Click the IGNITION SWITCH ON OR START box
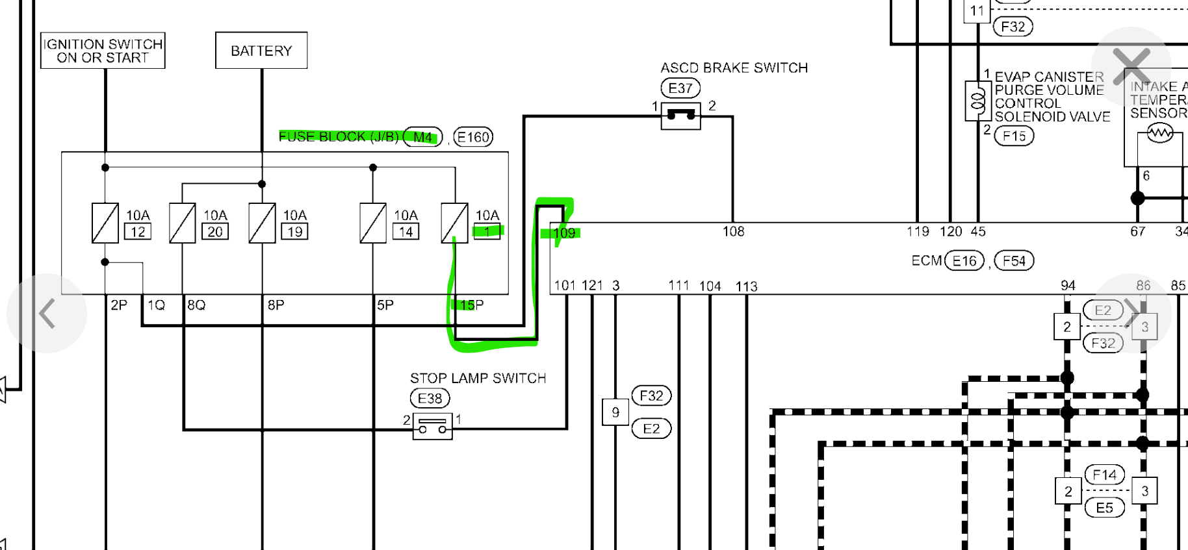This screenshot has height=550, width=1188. (103, 51)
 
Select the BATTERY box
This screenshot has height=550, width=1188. (261, 51)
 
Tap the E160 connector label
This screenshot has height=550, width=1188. (473, 137)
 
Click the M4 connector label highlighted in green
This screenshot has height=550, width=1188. (423, 137)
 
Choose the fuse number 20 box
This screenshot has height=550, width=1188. (215, 232)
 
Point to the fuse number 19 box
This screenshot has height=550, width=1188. (295, 232)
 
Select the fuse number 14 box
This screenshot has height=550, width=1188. (406, 232)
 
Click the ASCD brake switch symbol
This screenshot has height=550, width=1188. (680, 116)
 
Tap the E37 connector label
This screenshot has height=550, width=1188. (680, 88)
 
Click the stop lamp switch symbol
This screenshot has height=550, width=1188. (432, 427)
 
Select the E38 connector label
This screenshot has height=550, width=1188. (430, 398)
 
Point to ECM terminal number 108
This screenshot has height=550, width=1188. (733, 232)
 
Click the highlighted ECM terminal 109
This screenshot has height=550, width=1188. (564, 233)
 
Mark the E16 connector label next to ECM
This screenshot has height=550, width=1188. (964, 261)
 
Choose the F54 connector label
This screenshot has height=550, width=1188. (1014, 261)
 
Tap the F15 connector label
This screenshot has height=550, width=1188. (1014, 136)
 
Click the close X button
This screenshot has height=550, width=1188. (1131, 66)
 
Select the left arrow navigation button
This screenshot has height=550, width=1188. (47, 314)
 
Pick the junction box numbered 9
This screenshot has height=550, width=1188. (615, 412)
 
